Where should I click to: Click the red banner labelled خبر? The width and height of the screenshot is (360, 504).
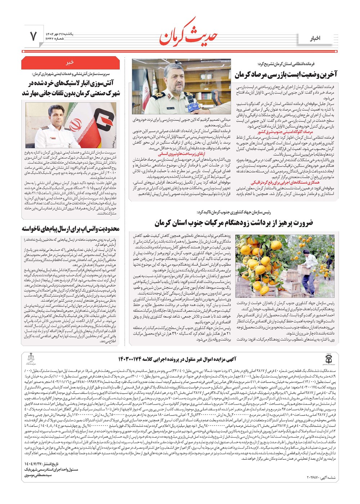click(x=70, y=62)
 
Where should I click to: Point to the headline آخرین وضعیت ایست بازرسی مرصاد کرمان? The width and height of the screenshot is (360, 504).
click(x=286, y=75)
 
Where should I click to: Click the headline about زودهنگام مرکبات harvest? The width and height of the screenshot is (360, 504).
click(x=234, y=223)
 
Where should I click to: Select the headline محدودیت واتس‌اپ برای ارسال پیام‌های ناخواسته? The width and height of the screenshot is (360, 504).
click(x=71, y=229)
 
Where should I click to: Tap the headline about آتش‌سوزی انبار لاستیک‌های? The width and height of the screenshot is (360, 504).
click(x=71, y=88)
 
